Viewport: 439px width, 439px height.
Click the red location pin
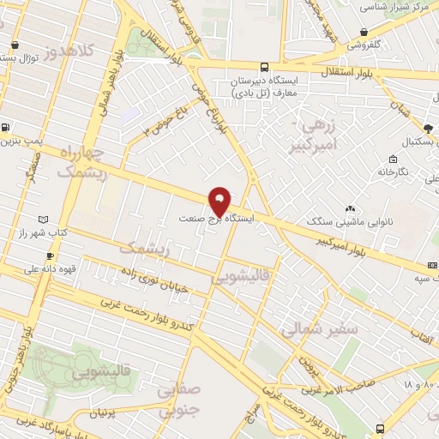point(219,200)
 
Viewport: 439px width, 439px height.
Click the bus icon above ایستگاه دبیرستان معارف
point(263,66)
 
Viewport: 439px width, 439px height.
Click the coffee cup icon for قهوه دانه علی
point(50,256)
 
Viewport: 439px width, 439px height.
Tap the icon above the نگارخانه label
point(392,159)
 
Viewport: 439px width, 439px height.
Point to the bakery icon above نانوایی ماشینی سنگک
point(350,209)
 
